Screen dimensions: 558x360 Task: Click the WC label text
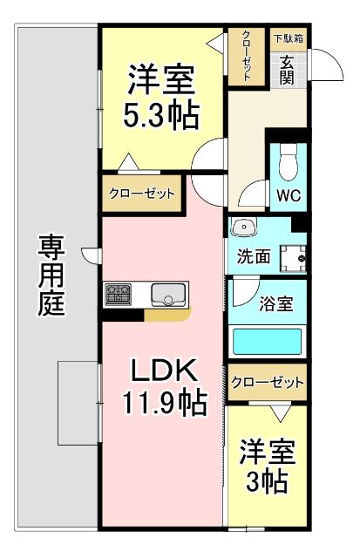[289, 195]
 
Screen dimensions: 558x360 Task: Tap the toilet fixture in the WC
[289, 162]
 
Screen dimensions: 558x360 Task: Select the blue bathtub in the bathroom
[268, 339]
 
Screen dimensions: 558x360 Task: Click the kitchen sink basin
[169, 296]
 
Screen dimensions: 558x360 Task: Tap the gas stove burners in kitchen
[119, 295]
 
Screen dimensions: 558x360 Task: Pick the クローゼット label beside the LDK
[142, 194]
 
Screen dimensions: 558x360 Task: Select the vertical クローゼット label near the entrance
[247, 57]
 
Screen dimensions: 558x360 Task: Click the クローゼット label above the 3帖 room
[268, 382]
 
